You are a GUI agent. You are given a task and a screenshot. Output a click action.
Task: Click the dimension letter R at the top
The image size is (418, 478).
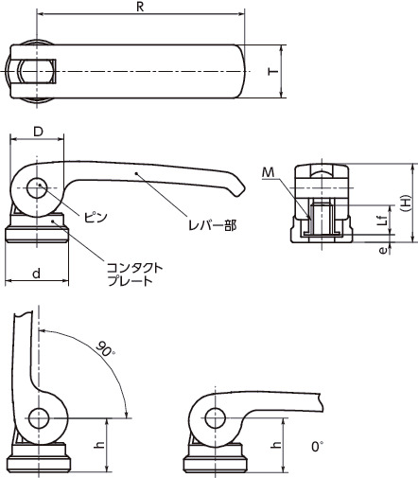pyautogui.click(x=140, y=7)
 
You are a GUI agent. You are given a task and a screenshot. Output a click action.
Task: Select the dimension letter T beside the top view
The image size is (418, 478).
pyautogui.click(x=273, y=71)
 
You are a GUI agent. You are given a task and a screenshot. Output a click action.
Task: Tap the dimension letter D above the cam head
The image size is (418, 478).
pyautogui.click(x=38, y=132)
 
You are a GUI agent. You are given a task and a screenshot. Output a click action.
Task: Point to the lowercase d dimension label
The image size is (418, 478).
pyautogui.click(x=37, y=274)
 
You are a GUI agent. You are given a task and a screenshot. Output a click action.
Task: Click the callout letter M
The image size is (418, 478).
pyautogui.click(x=269, y=172)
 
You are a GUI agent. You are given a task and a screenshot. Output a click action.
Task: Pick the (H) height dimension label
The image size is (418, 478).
pyautogui.click(x=407, y=203)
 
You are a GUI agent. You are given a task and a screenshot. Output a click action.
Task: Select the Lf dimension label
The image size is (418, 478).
pyautogui.click(x=382, y=220)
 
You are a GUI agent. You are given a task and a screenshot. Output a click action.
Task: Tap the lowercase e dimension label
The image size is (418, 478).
pyautogui.click(x=383, y=251)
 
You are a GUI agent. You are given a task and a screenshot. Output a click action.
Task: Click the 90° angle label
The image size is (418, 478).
pyautogui.click(x=105, y=348)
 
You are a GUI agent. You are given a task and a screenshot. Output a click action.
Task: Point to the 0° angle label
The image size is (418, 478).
pyautogui.click(x=318, y=447)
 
